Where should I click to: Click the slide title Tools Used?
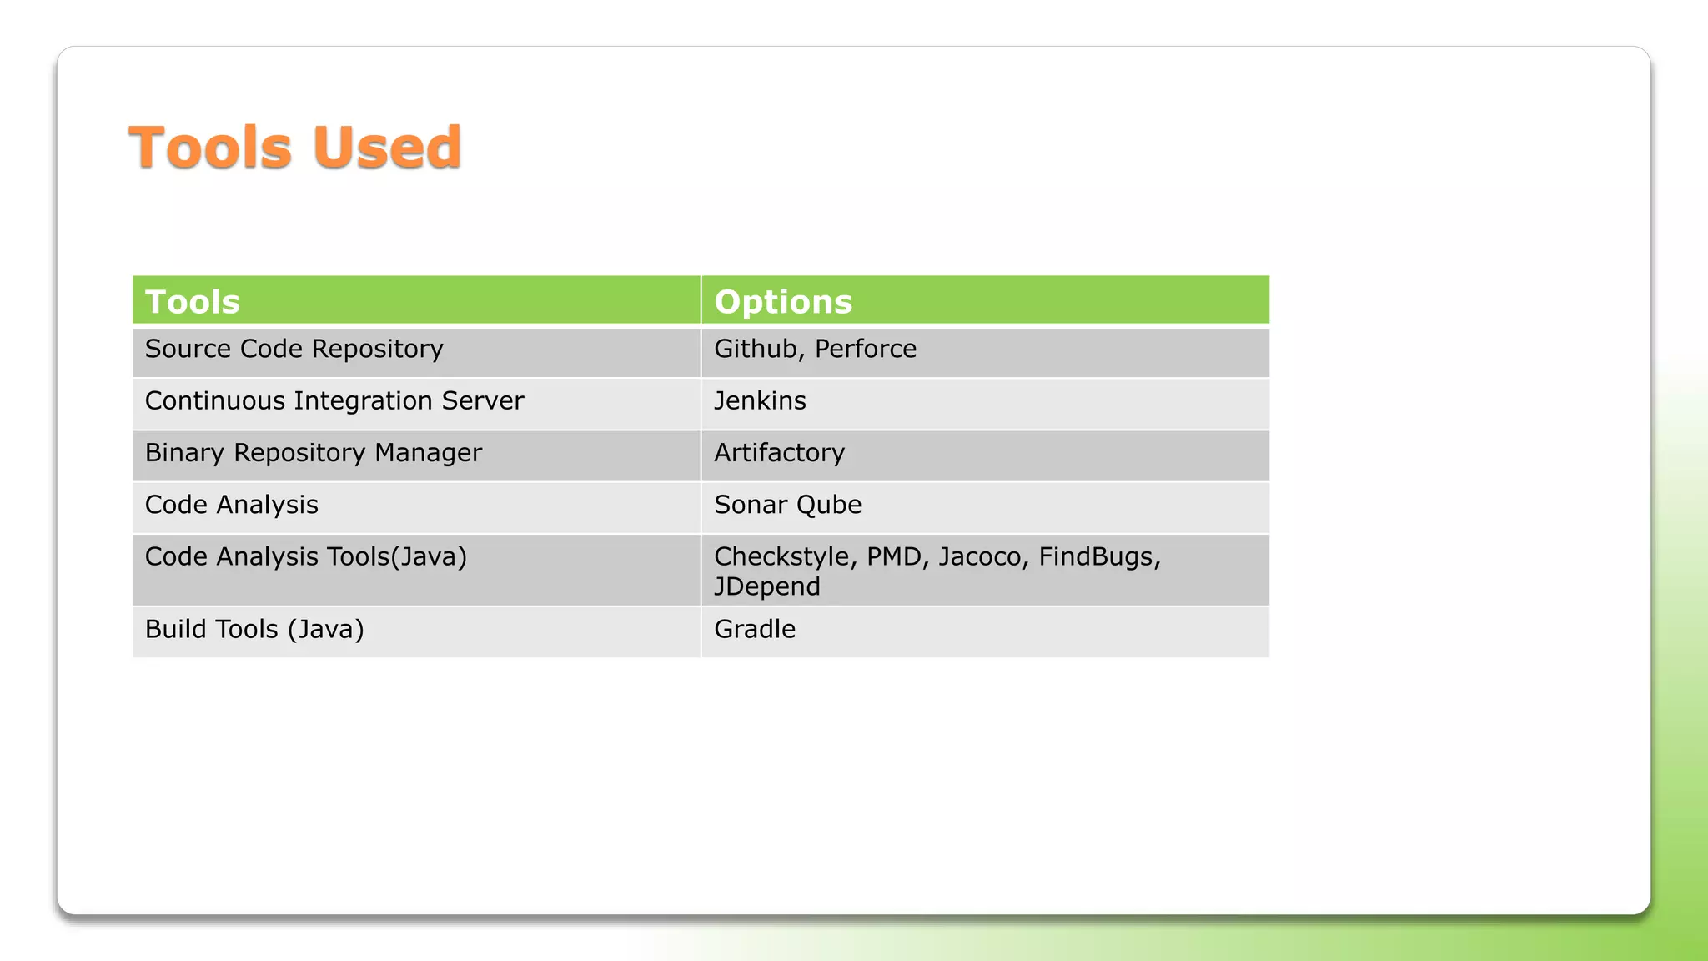click(294, 148)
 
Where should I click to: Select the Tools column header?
click(193, 302)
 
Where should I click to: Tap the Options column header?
click(783, 302)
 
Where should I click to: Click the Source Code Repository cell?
click(294, 349)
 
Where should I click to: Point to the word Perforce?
click(866, 349)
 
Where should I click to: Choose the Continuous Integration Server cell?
click(334, 401)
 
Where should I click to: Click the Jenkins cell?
click(760, 401)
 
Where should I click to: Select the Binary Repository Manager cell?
click(314, 453)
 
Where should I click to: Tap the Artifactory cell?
click(779, 453)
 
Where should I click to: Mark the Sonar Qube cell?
click(787, 505)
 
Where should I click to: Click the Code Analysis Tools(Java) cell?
click(306, 556)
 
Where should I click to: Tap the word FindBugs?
click(1098, 556)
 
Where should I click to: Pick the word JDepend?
click(767, 586)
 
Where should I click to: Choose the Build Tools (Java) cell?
click(254, 629)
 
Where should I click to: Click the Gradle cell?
click(755, 629)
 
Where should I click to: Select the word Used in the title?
click(387, 148)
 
